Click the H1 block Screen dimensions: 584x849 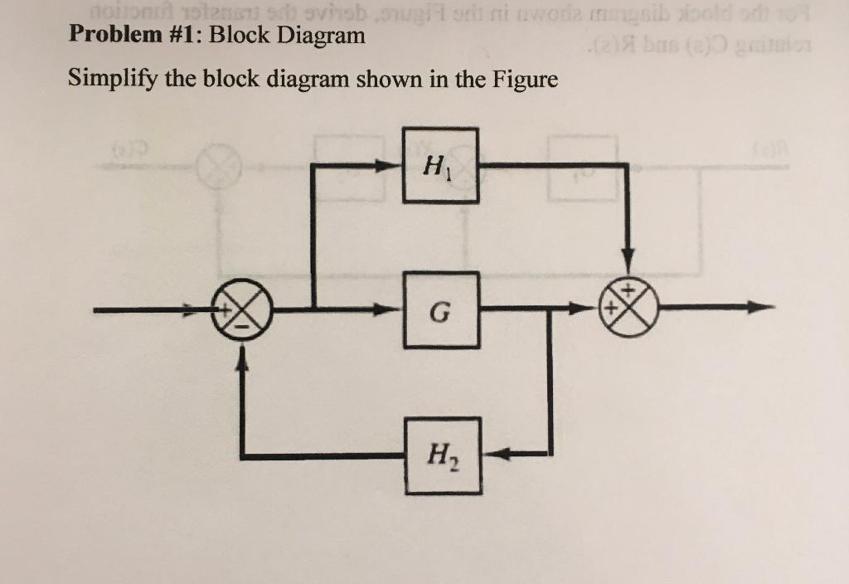440,165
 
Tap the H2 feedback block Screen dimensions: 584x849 442,454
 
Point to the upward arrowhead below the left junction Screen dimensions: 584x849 241,356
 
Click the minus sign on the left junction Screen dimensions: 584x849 241,326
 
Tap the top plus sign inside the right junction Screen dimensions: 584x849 628,290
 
